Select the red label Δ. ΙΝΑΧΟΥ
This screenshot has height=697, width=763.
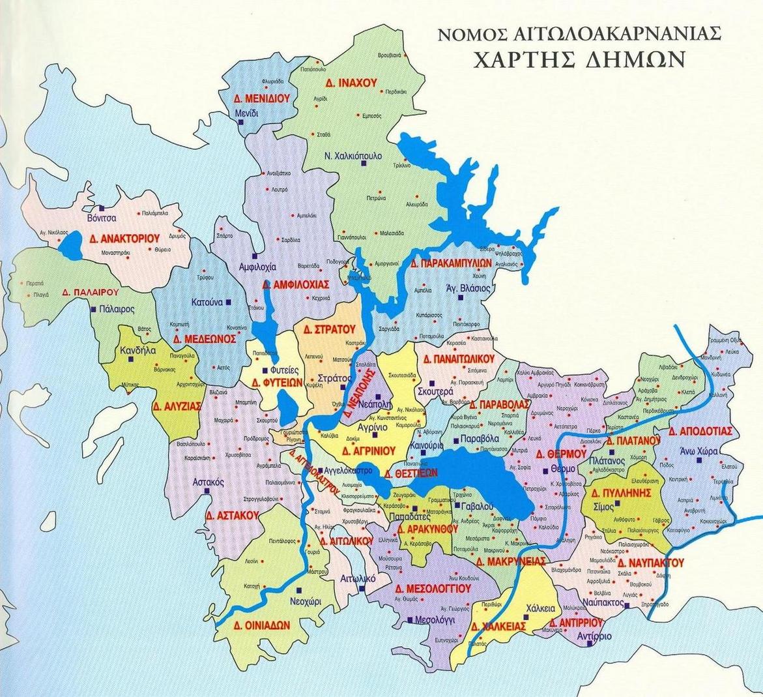tap(351, 83)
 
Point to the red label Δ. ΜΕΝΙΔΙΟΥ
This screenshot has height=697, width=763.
tap(261, 98)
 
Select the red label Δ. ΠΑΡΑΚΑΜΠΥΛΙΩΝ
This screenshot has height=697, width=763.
tap(451, 263)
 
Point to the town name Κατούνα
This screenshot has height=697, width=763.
tap(208, 303)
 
